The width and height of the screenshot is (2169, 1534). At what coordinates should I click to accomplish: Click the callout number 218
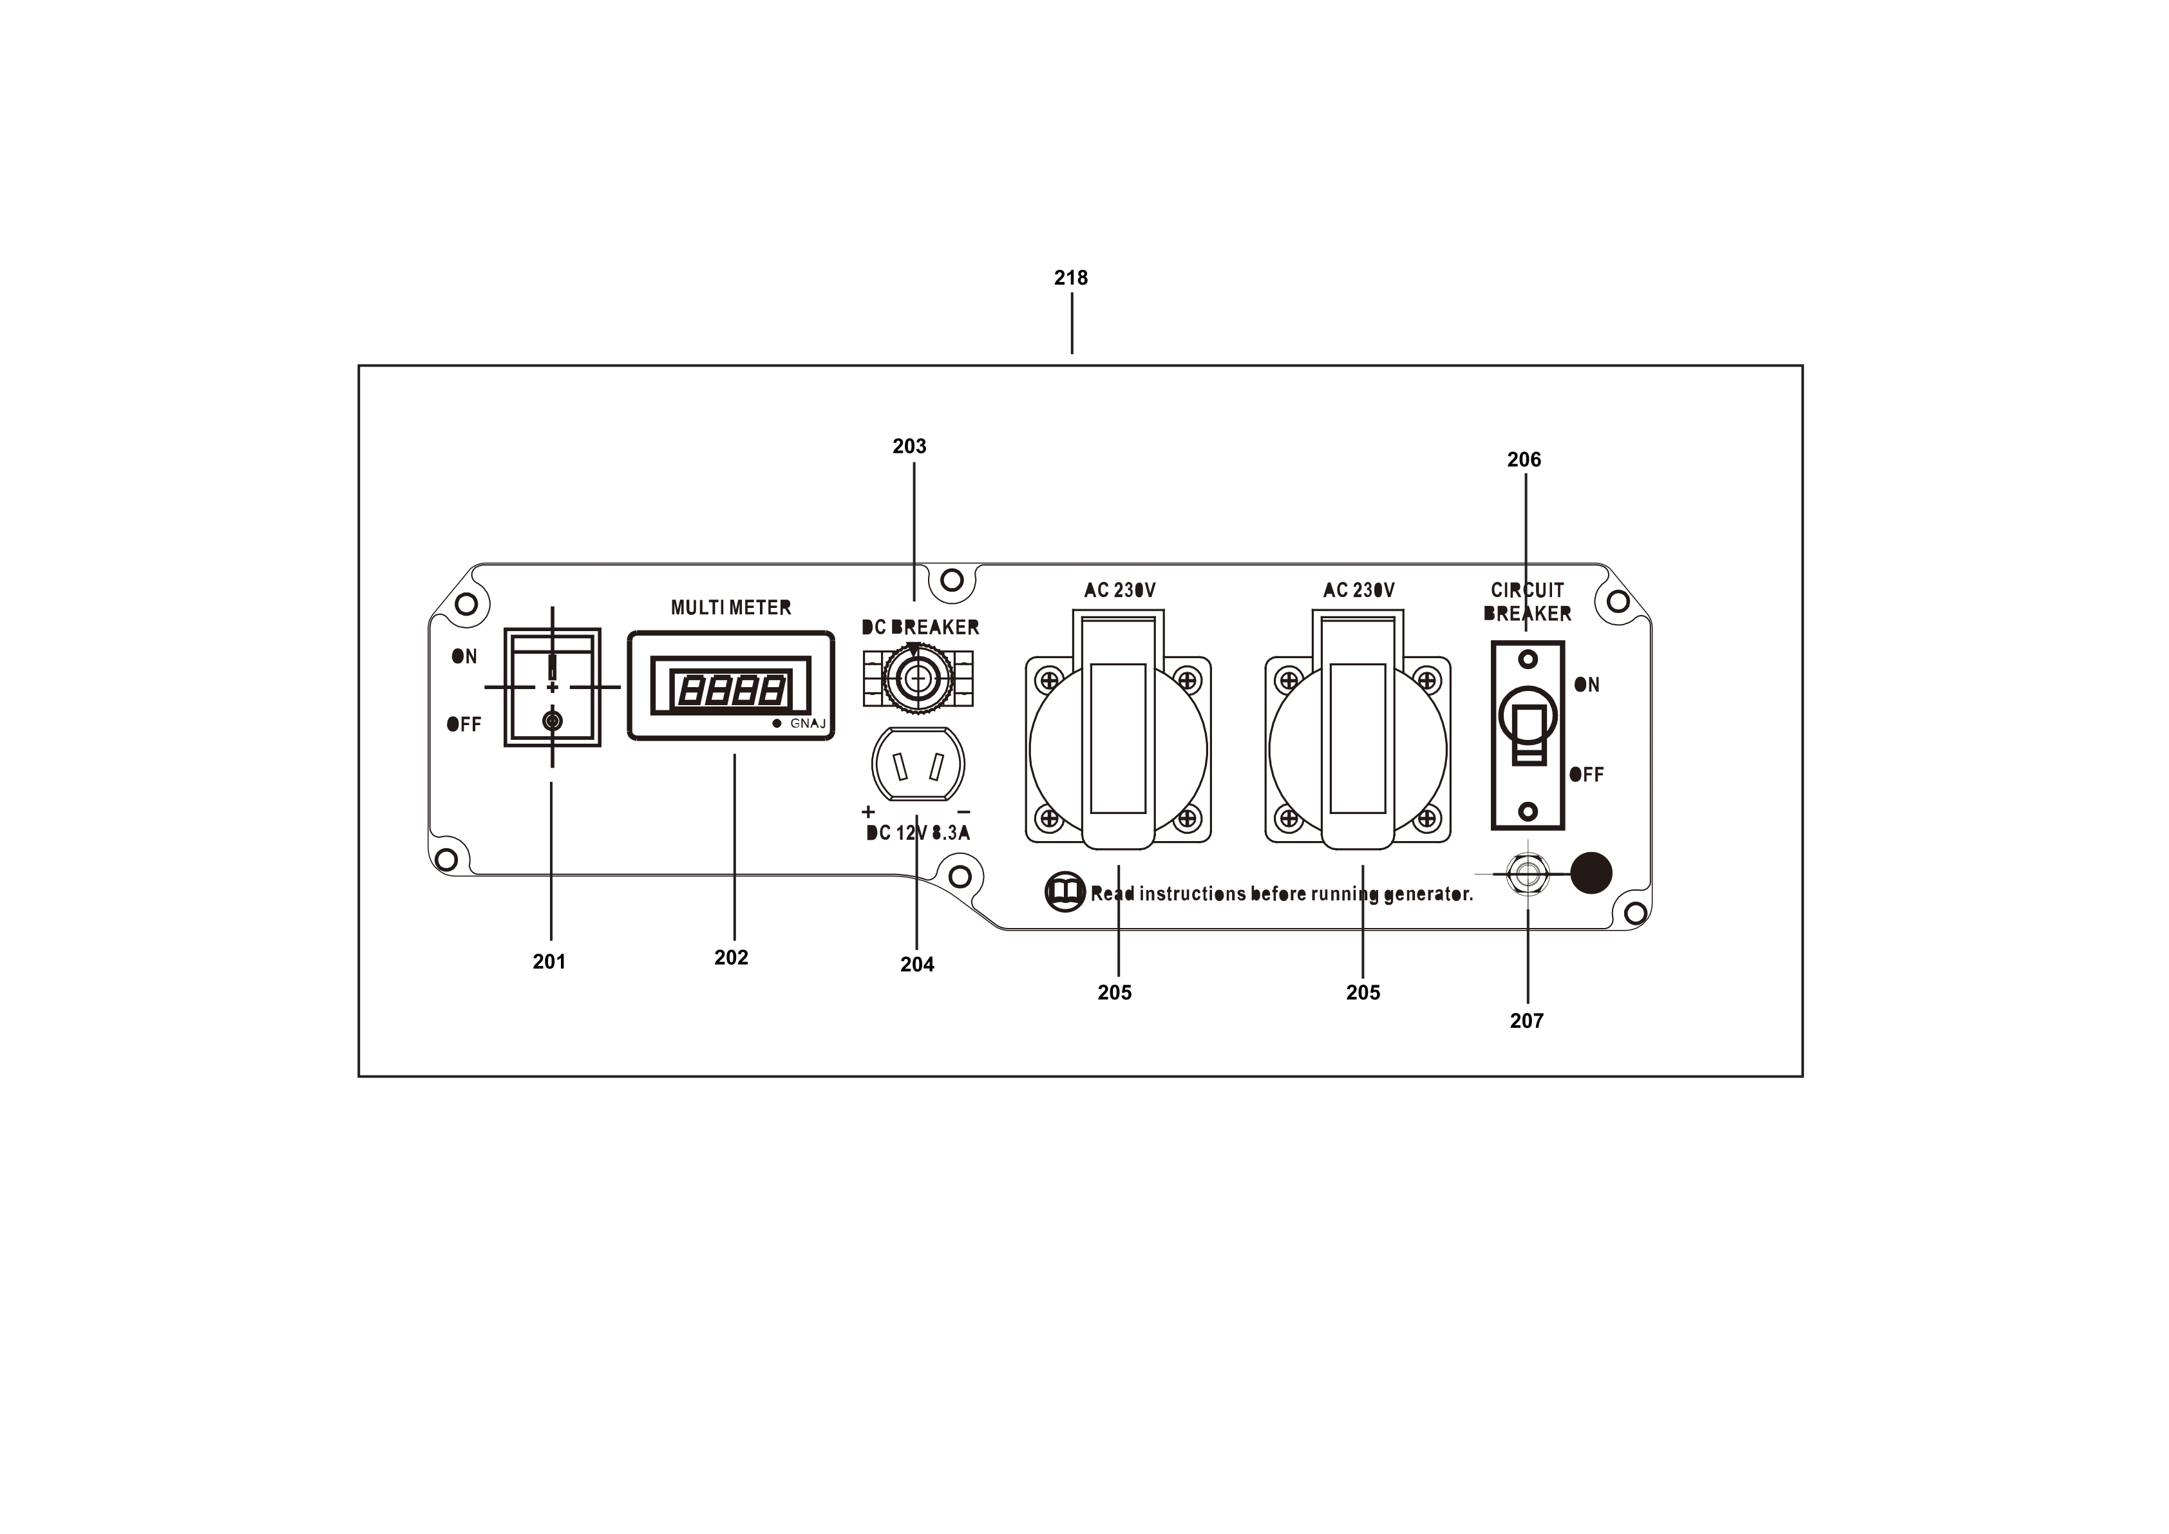click(1070, 278)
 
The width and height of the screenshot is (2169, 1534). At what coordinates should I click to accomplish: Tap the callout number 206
click(1523, 459)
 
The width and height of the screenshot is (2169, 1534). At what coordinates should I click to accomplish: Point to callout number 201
click(549, 961)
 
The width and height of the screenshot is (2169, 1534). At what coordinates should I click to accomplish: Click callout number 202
click(731, 958)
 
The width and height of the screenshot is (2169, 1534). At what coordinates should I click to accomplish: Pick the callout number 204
click(916, 965)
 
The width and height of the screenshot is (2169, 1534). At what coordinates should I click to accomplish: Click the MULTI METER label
click(730, 607)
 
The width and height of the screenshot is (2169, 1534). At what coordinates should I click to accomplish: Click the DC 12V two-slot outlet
click(916, 764)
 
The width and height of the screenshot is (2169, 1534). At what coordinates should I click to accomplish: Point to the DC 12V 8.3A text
click(917, 833)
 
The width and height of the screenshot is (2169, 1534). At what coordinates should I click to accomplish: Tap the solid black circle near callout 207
click(1591, 873)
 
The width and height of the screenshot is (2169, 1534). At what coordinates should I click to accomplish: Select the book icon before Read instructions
click(1065, 892)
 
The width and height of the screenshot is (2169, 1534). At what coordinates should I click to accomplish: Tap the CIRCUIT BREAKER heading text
click(1527, 601)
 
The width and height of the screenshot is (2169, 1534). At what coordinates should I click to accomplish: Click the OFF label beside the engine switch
click(464, 724)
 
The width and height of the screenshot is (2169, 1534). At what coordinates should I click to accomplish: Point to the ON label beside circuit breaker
click(1587, 685)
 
